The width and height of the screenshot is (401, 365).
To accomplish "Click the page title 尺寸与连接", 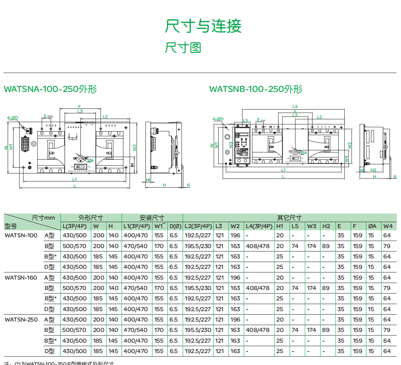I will (203, 26).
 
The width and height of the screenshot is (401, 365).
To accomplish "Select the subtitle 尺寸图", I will (183, 48).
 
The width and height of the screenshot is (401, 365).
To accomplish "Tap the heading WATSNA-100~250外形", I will (50, 89).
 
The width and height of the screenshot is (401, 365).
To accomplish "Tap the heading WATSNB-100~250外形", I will (256, 89).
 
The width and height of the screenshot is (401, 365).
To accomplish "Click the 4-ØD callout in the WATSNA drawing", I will (13, 117).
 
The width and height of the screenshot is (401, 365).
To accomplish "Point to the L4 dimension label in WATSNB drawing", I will (295, 107).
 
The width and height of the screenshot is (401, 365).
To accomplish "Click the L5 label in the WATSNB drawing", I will (246, 120).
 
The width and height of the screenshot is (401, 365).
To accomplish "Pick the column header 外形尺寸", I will (91, 218).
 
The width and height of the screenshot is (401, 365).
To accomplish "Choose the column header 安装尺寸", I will (152, 218).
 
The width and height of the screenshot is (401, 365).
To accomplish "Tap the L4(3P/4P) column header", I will (258, 226).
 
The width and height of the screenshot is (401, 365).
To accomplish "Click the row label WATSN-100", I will (21, 235).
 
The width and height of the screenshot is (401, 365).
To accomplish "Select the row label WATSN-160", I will (21, 277).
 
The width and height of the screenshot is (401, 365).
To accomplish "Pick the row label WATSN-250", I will (21, 319).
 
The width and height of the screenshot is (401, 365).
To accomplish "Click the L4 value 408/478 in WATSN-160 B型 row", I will (257, 288).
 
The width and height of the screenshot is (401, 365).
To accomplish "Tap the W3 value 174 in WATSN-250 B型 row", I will (311, 330).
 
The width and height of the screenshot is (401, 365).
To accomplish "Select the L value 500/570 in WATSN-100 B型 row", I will (75, 246).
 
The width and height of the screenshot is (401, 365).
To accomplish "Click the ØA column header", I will (372, 226).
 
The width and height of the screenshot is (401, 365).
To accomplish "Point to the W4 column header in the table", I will (388, 226).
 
